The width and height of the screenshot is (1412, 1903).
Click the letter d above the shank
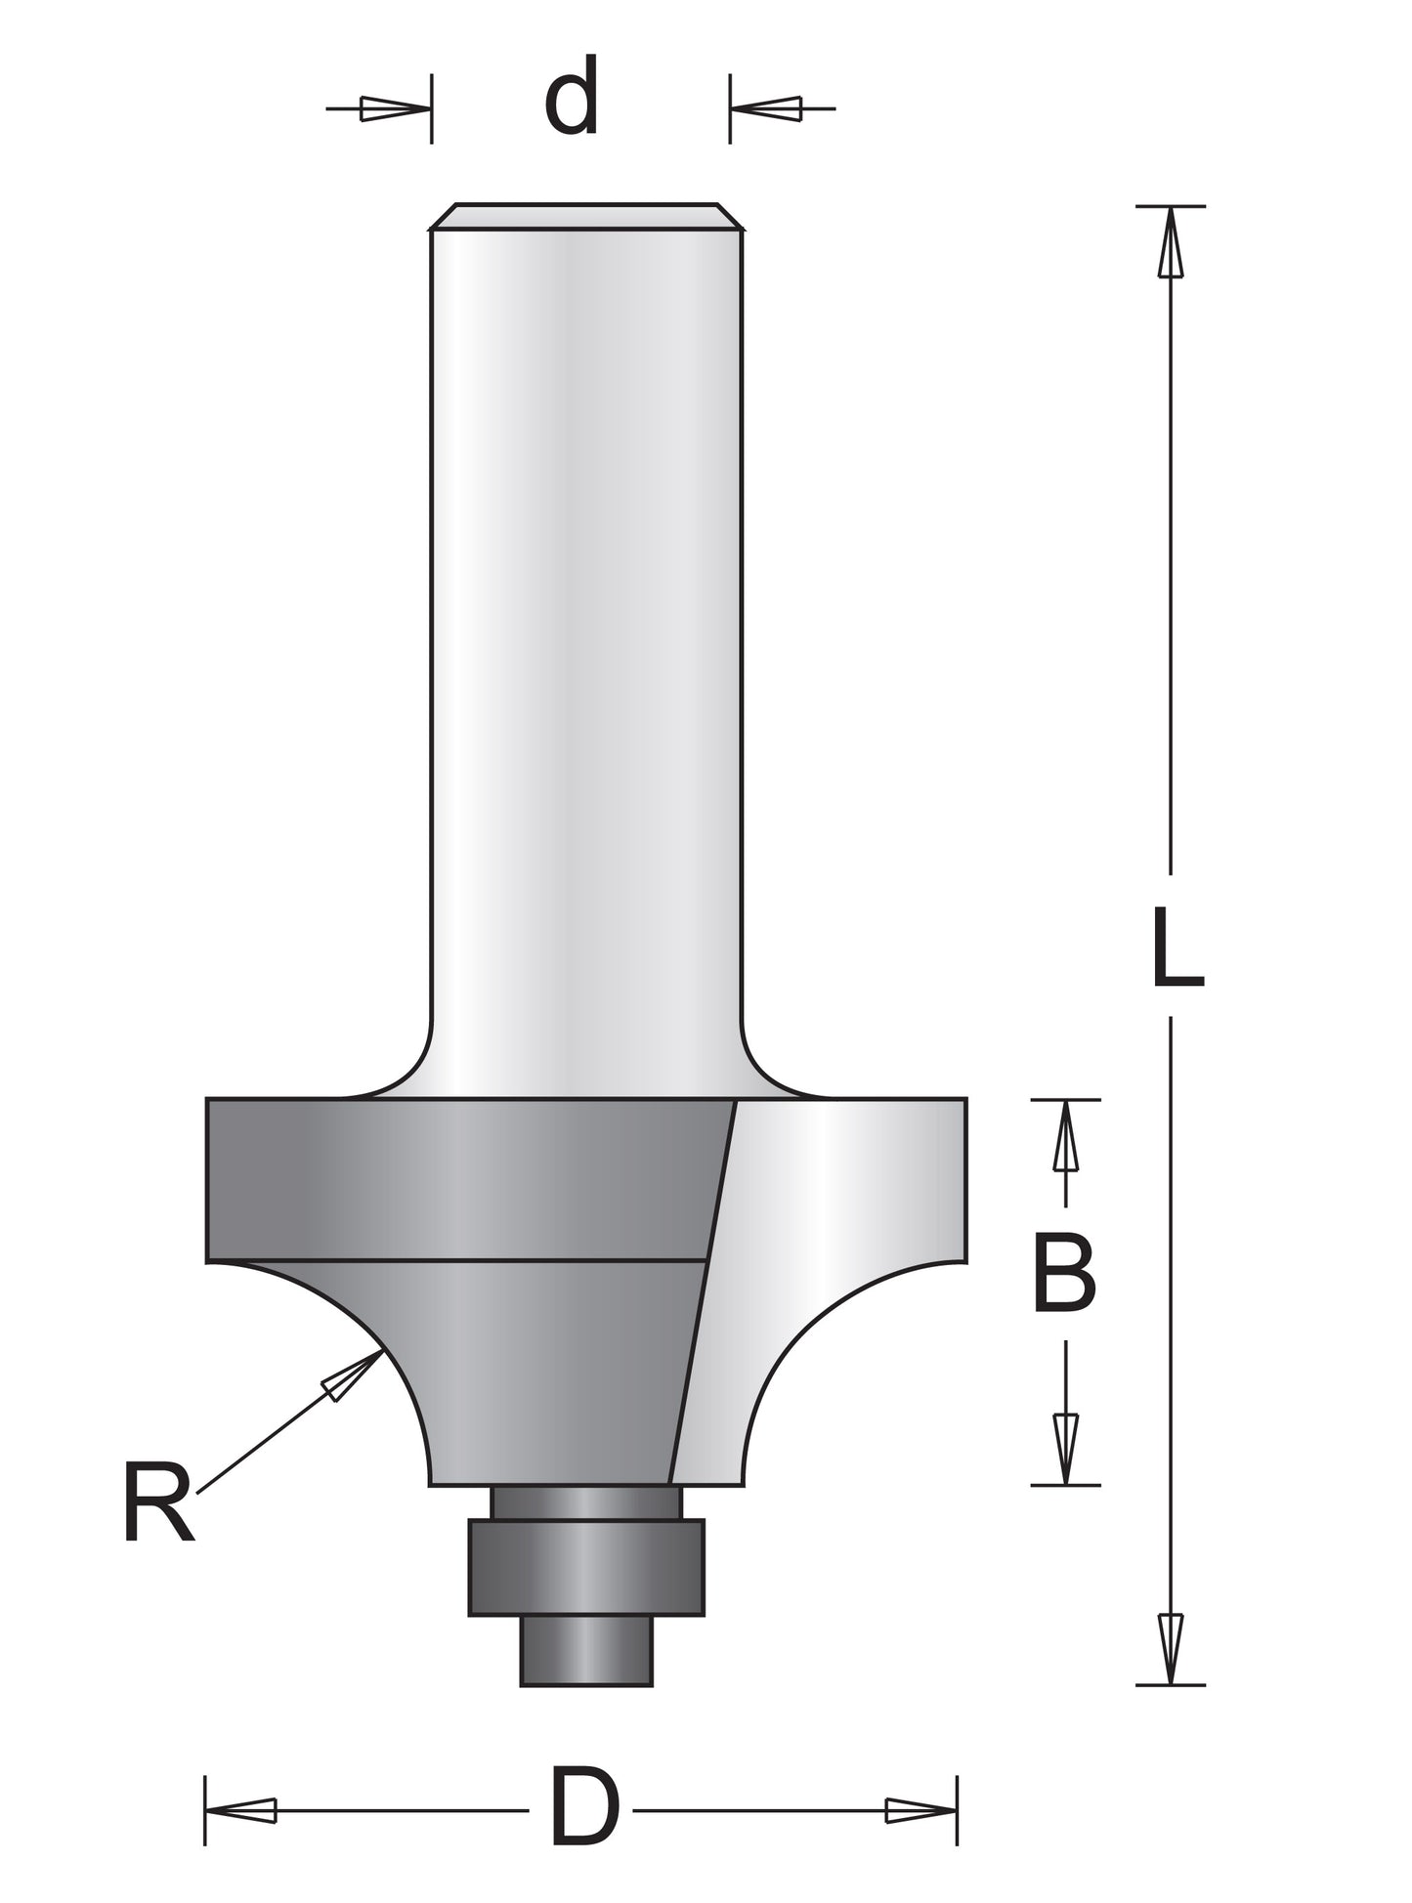572,97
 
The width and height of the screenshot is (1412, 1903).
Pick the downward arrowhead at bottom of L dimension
1171,1647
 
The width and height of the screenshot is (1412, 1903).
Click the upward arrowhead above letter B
1065,1137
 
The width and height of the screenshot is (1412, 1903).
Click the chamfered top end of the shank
586,217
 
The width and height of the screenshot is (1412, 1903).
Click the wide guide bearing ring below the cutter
585,1567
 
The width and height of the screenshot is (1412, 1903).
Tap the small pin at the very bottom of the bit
585,1650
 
